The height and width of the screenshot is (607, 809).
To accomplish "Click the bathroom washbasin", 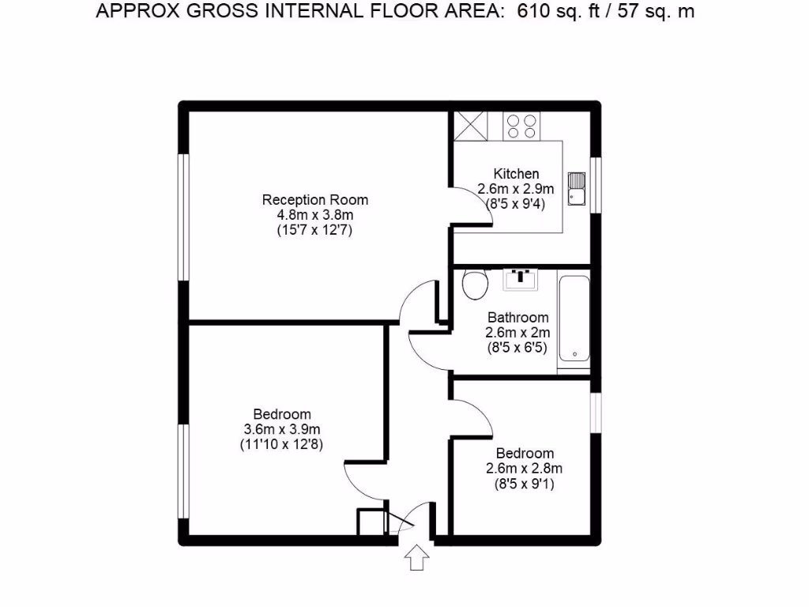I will coord(520,278).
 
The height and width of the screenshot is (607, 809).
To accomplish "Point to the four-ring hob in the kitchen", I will coord(521,126).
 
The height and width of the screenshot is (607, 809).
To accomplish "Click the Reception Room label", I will coord(315,199).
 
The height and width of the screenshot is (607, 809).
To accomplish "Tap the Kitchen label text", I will coord(516,174).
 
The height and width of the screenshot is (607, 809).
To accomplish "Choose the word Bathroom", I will coord(517,318).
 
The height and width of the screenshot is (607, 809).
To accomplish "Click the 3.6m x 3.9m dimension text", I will coord(282,429).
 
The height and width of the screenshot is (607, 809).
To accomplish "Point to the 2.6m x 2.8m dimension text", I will coord(524,469).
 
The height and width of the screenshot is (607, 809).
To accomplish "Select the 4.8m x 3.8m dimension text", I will coord(315,215).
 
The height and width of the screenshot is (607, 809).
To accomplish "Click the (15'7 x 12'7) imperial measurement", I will coord(315,231).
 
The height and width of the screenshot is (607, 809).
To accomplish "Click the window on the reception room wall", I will coord(182,217).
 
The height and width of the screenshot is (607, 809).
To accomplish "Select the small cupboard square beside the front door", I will coord(370,522).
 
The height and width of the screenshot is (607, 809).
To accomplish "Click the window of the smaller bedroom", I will coord(596,412).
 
